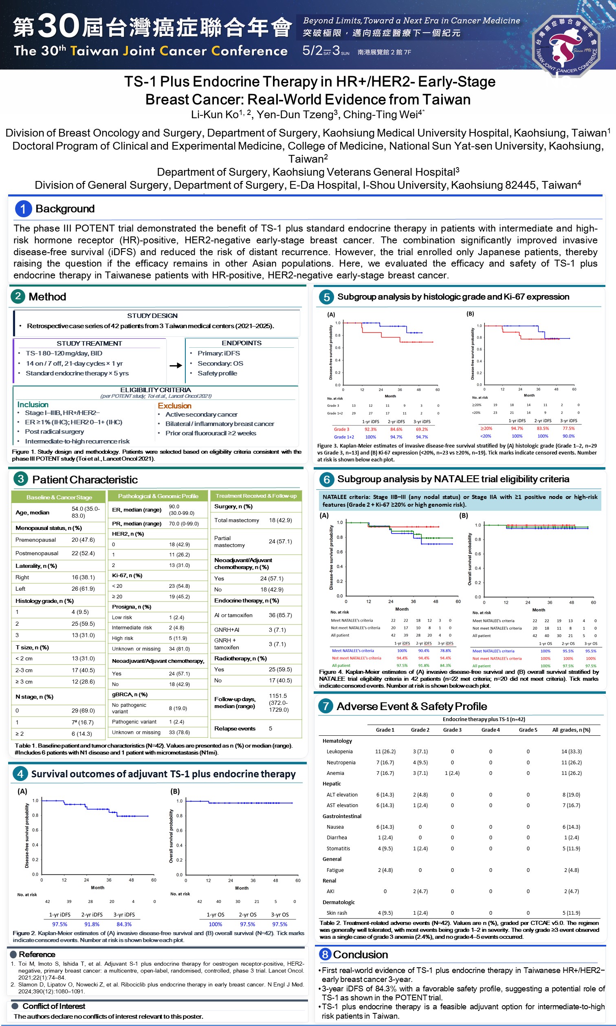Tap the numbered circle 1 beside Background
pos(23,209)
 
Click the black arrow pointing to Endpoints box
pos(176,365)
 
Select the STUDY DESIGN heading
pos(152,316)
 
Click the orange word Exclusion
pos(174,406)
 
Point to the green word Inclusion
pos(33,404)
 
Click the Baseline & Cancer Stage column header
pos(59,497)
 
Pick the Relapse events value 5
pos(271,728)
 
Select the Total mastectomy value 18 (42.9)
pos(280,520)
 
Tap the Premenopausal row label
pos(35,540)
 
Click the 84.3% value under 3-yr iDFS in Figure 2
pos(124,924)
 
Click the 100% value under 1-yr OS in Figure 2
pos(215,924)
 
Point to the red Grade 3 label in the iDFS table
pos(342,429)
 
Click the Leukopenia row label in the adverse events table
pos(339,752)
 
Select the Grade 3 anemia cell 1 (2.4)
pos(452,773)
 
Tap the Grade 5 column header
pos(528,730)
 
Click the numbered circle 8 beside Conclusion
pos(326,955)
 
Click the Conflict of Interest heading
pos(53,1006)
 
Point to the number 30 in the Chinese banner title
pos(58,26)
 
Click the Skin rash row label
pos(337,913)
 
